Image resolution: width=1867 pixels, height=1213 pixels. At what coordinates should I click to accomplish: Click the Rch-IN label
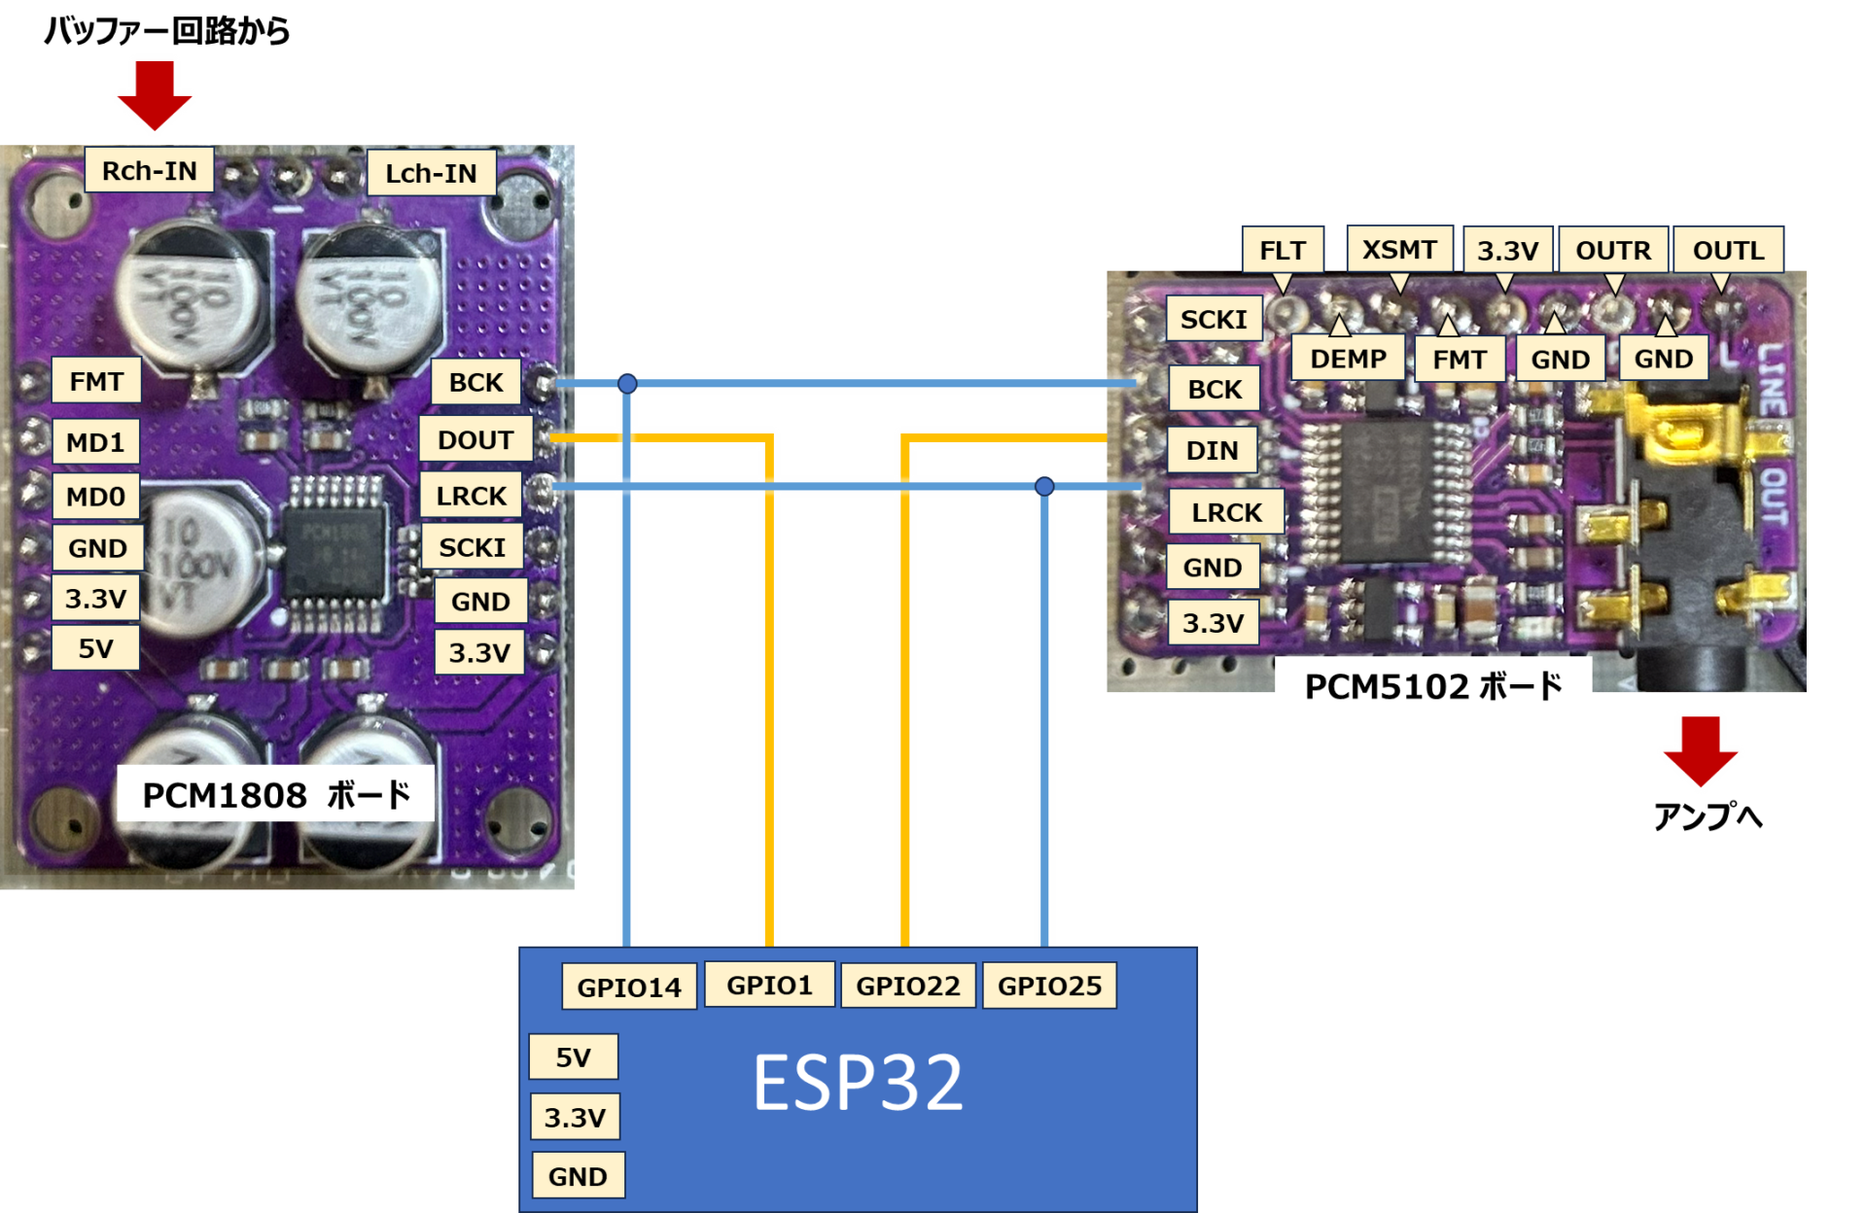[149, 170]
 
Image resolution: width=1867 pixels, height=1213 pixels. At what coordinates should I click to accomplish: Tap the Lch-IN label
[431, 173]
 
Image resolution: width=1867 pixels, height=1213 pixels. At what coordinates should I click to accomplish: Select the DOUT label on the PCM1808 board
[476, 439]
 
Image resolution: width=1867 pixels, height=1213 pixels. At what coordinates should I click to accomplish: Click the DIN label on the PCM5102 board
[1212, 450]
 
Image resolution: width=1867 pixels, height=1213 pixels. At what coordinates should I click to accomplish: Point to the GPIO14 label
[629, 988]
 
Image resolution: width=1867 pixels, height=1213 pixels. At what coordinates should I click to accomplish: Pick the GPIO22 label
[907, 986]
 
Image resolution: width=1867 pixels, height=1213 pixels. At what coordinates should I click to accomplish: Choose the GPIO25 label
[1049, 986]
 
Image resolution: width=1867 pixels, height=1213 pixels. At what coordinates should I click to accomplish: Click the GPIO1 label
[769, 985]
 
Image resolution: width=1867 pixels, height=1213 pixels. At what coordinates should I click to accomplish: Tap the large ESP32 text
[858, 1082]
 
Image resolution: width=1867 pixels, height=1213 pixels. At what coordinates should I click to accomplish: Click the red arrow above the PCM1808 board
[155, 94]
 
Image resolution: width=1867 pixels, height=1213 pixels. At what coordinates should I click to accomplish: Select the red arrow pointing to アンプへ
[1700, 750]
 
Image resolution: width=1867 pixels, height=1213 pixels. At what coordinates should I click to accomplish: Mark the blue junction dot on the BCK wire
[627, 383]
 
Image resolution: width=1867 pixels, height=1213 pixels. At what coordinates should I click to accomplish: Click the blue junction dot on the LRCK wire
[1044, 486]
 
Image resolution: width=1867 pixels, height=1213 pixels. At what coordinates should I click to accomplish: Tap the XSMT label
[1399, 249]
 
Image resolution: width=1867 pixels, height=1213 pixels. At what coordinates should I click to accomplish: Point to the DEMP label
[1348, 359]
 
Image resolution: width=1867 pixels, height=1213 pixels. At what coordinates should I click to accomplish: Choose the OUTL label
[1728, 250]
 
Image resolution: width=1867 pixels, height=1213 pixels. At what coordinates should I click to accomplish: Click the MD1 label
[95, 442]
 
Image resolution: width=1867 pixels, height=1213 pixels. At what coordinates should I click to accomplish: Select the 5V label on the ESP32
[573, 1057]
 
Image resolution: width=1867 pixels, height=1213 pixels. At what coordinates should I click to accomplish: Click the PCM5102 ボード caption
[1433, 686]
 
